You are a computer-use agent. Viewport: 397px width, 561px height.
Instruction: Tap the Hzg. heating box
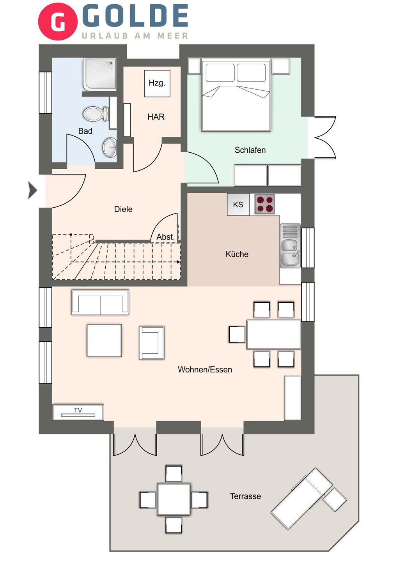(157, 83)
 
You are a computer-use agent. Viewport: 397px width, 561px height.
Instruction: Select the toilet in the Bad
(96, 114)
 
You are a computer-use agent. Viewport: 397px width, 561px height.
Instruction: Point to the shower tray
(100, 74)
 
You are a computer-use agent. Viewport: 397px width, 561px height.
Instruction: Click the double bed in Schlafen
(236, 95)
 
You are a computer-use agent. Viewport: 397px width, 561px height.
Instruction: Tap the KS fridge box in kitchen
(238, 205)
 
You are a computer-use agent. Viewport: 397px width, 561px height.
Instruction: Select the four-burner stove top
(264, 204)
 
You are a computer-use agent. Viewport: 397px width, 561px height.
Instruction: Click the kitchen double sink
(290, 246)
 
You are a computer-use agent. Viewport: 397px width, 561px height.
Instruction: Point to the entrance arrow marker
(32, 191)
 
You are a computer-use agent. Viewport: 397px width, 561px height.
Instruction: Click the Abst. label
(165, 237)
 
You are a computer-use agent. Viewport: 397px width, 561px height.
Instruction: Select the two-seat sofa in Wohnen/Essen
(100, 302)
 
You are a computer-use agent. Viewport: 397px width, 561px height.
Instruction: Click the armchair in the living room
(152, 342)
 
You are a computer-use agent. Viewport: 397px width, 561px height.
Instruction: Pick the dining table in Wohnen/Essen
(273, 334)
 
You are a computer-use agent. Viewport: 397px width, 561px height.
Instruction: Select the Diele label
(123, 209)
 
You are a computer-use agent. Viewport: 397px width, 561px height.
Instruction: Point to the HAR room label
(156, 117)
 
